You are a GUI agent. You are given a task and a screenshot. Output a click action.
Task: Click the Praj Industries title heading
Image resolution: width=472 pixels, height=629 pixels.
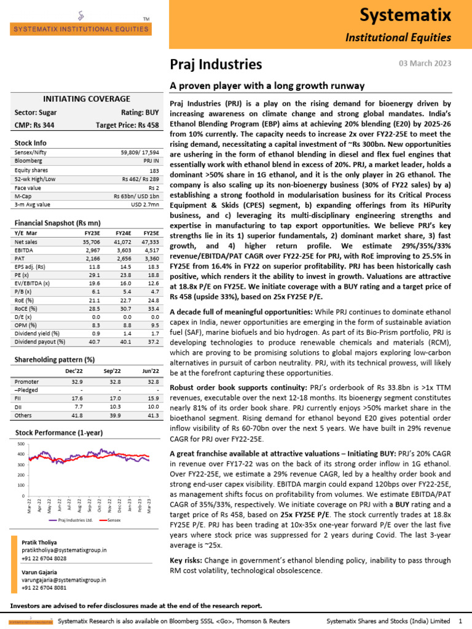click(216, 64)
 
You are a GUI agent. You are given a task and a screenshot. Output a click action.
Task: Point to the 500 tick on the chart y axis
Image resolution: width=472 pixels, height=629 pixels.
click(21, 444)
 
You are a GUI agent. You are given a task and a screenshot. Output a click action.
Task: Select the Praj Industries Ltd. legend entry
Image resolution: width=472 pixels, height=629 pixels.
click(73, 520)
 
